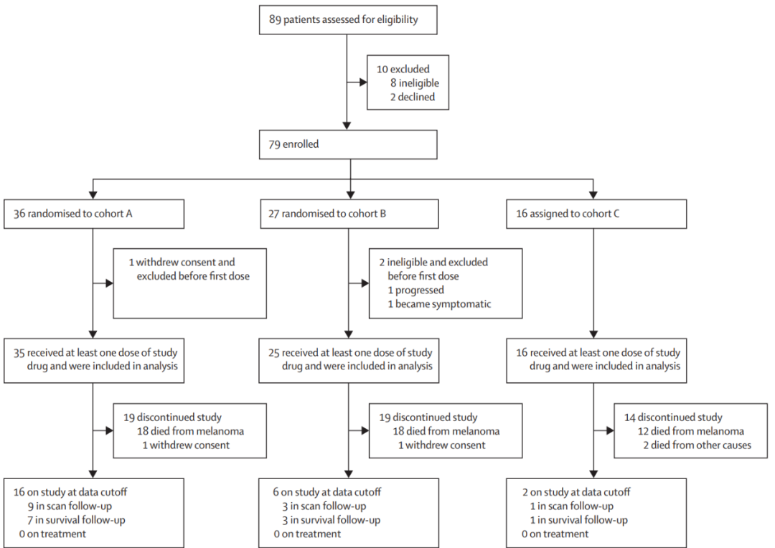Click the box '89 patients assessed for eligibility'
click(348, 20)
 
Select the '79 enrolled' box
click(348, 144)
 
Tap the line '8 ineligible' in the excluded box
click(414, 83)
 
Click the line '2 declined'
click(412, 97)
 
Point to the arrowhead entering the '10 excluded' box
click(363, 82)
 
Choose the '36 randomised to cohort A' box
click(94, 214)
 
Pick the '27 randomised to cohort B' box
click(349, 214)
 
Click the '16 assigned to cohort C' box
click(596, 214)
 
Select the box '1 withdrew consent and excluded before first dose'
click(189, 283)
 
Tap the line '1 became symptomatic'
click(439, 304)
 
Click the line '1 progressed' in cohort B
click(415, 290)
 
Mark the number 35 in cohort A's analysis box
click(19, 353)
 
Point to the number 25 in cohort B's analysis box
click(274, 353)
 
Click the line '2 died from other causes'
click(697, 445)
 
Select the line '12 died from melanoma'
click(691, 431)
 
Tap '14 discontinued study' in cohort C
click(673, 417)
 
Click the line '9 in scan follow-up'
click(70, 506)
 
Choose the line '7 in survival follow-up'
click(76, 520)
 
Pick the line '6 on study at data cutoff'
click(327, 492)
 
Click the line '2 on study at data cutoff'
click(576, 492)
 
